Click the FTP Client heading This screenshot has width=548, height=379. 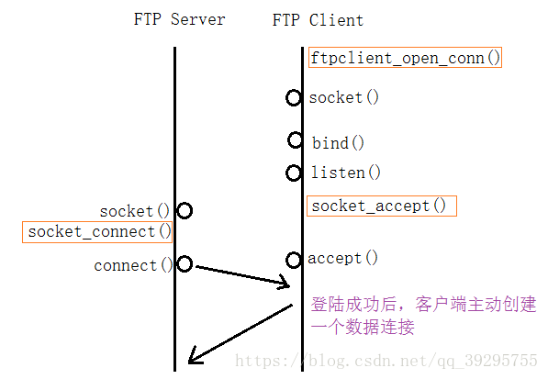point(318,19)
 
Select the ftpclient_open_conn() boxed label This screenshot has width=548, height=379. point(406,58)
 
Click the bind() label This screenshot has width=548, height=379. point(338,143)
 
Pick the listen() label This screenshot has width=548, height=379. point(345,173)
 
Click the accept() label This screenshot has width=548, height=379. point(342,258)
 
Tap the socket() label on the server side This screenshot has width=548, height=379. point(135,211)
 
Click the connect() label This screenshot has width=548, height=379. point(133,265)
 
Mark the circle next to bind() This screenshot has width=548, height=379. point(295,140)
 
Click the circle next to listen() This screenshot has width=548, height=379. point(294,173)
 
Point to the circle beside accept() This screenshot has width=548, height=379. point(294,260)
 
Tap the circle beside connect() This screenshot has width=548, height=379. point(184,264)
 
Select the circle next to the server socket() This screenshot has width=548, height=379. point(184,211)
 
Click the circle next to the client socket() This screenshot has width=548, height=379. point(293,97)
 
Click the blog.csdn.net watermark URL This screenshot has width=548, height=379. point(386,361)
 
